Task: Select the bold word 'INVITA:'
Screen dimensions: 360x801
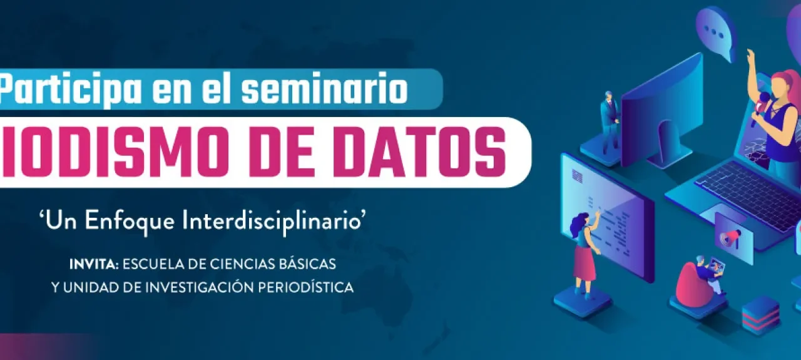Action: (94, 264)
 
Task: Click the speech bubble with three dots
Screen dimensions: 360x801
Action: (714, 32)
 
